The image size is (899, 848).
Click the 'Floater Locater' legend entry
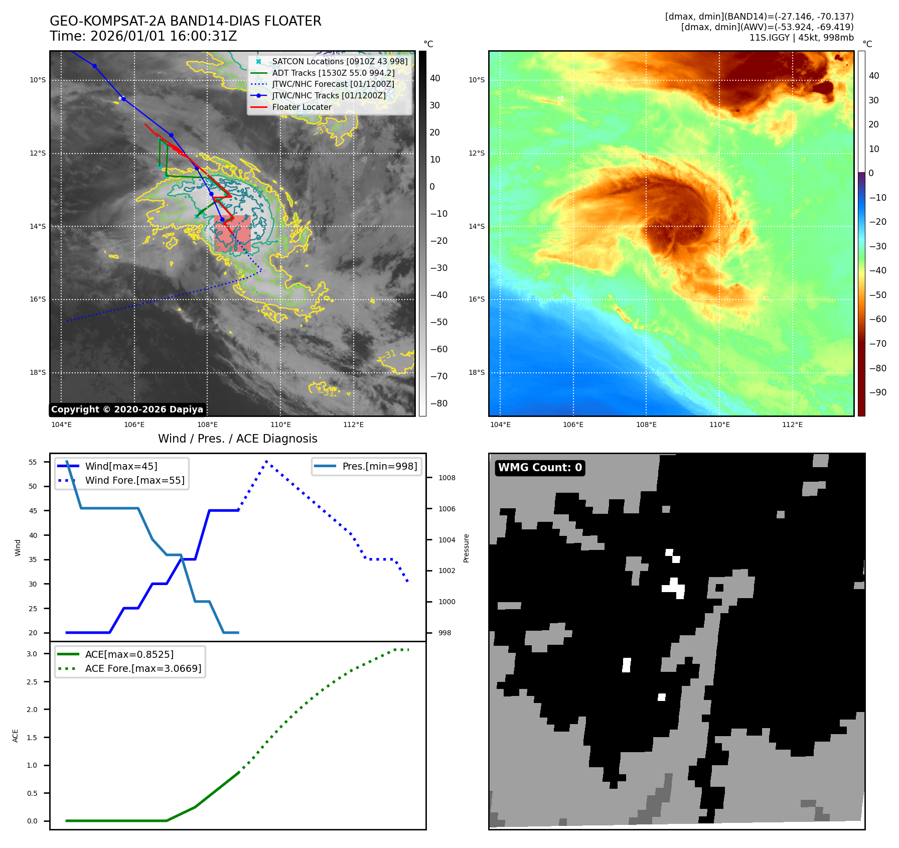[302, 107]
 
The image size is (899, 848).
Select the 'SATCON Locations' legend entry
[340, 61]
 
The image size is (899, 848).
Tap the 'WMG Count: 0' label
[540, 468]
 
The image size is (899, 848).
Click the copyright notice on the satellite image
[127, 409]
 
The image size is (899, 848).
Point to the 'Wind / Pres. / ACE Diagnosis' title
[237, 439]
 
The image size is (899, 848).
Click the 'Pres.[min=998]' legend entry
[379, 466]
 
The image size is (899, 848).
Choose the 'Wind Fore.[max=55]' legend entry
[134, 480]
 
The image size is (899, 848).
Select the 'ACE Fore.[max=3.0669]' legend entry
[143, 668]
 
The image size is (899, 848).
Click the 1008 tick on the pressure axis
[446, 478]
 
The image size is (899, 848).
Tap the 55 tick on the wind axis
[33, 462]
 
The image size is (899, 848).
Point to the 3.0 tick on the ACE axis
[32, 654]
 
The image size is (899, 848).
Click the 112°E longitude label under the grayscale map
[353, 425]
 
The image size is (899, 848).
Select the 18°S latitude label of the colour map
[477, 372]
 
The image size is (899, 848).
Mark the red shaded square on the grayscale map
[232, 233]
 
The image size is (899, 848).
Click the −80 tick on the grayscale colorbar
[438, 403]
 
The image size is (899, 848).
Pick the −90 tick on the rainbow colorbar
[877, 392]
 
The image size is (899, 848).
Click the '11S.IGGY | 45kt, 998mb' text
[801, 38]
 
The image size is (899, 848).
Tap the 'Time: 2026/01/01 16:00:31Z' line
[143, 36]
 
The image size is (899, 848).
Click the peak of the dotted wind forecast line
[266, 461]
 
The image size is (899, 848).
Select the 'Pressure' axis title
[467, 548]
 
